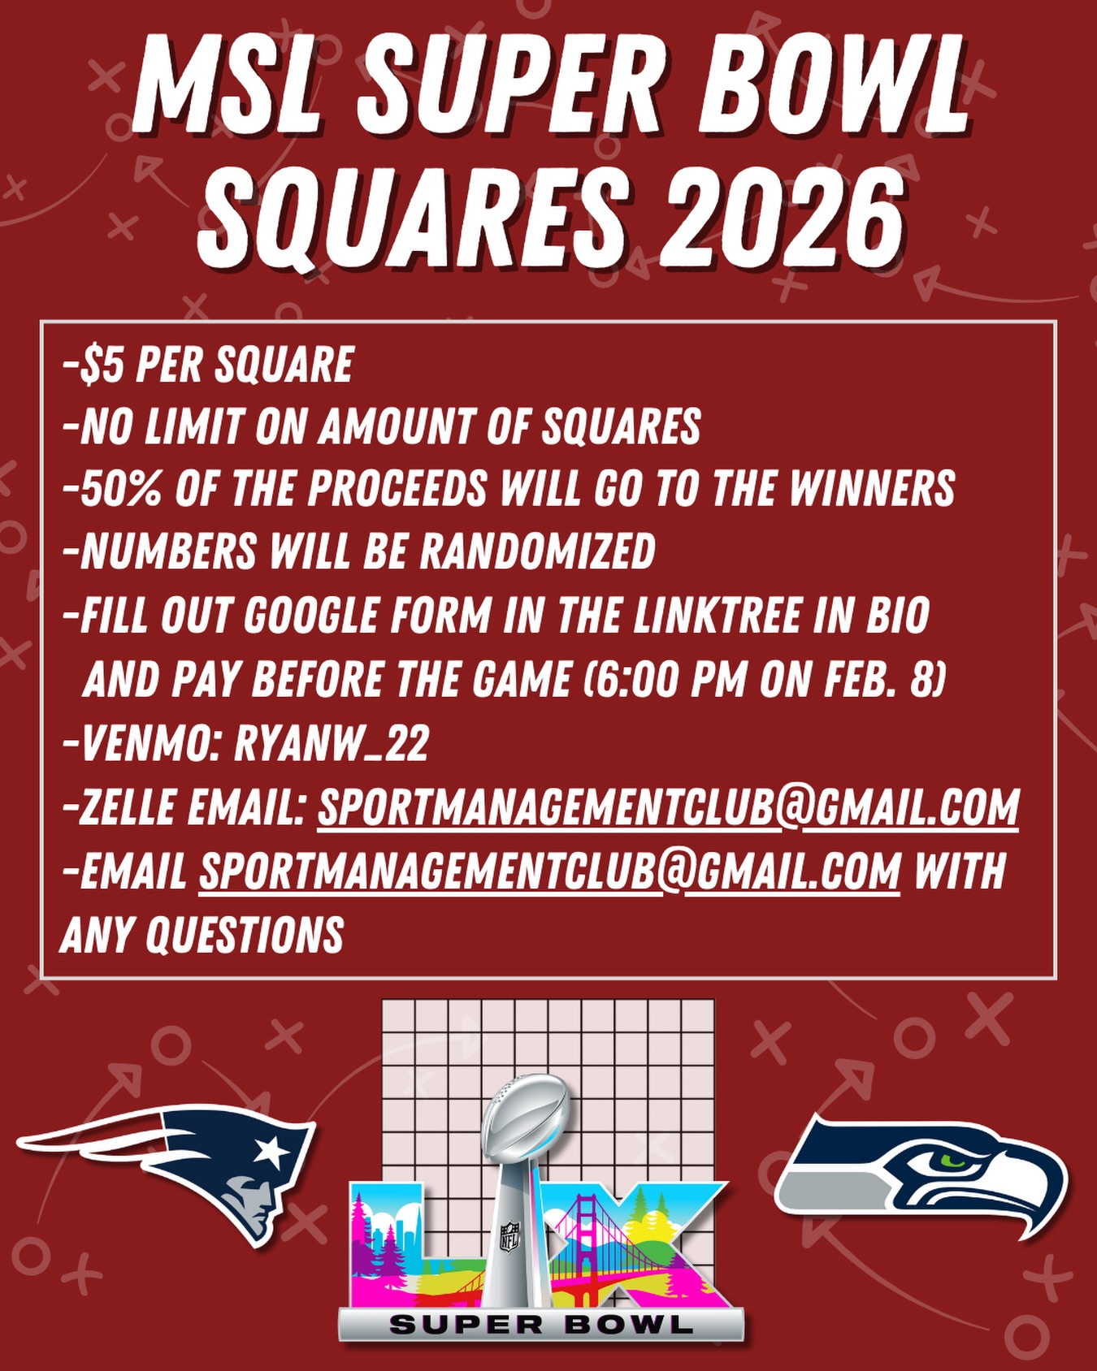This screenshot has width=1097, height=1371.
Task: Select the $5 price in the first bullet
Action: click(102, 365)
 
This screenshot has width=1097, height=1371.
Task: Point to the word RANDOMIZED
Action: click(537, 552)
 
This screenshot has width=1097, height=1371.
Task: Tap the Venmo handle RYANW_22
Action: click(332, 742)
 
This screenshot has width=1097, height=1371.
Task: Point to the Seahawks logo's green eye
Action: click(952, 1157)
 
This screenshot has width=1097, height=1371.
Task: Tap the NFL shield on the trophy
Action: click(509, 1237)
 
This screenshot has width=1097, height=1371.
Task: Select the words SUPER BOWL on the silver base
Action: click(541, 1326)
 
